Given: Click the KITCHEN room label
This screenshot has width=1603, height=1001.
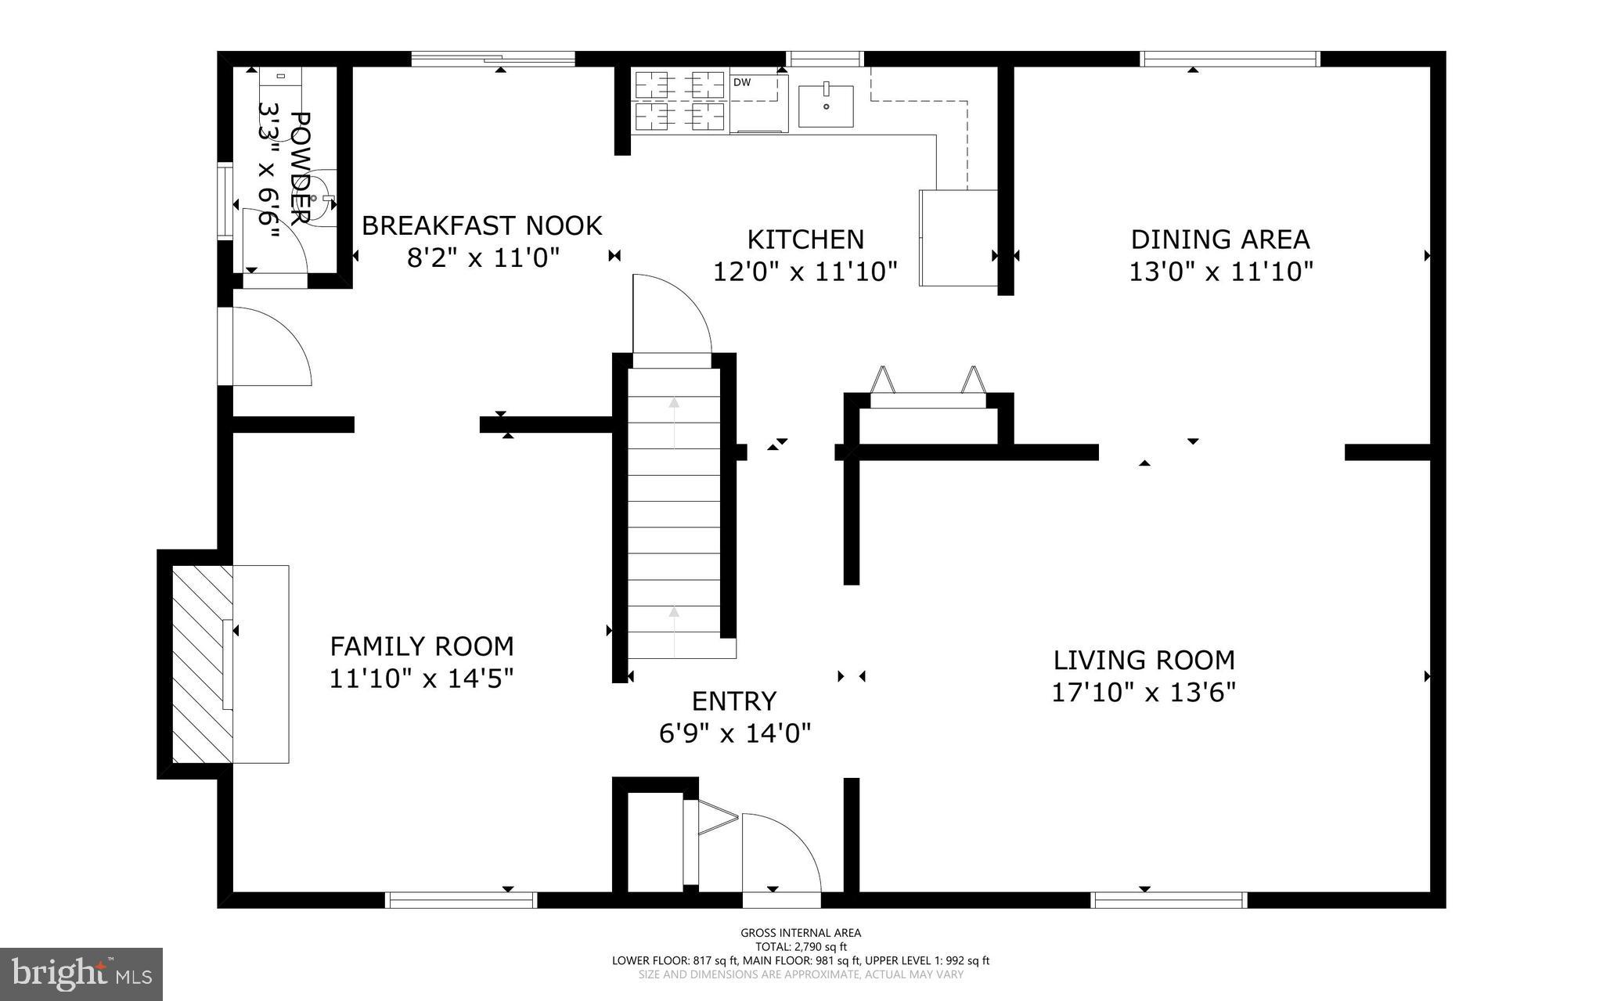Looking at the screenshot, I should [805, 239].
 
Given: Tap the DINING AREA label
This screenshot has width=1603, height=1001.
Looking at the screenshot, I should [1219, 239].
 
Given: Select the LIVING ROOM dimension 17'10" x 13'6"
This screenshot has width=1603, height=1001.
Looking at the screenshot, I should [1143, 693].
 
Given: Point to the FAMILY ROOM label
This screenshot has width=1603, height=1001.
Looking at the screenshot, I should [421, 646].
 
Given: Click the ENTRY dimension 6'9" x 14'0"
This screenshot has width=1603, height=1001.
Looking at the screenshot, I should [734, 733].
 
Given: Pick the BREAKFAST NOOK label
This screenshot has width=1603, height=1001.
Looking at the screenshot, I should [481, 226].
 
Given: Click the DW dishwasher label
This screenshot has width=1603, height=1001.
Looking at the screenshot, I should [741, 81].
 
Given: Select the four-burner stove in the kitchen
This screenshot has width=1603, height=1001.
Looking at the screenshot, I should [679, 100].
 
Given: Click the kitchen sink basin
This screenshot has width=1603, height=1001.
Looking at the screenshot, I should [826, 106].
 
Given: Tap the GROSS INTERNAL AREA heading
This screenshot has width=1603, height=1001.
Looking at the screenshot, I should [800, 932].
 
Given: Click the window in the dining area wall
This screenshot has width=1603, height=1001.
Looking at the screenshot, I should [1229, 59].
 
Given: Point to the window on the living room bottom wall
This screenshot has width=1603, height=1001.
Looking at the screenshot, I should [1168, 901].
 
